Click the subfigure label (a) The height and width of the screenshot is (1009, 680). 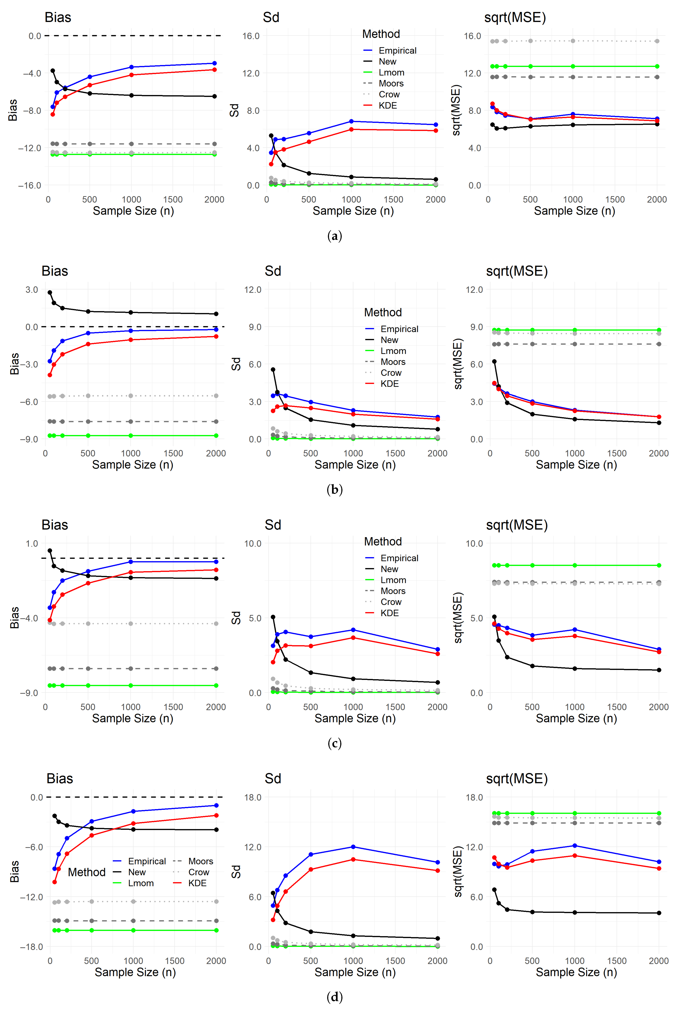coord(334,236)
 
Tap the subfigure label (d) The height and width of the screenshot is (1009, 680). coord(334,997)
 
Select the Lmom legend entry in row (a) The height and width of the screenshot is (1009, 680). coord(391,72)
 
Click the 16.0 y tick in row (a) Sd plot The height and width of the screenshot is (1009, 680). coord(251,36)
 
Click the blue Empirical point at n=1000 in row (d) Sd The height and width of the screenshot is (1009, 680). coord(353,847)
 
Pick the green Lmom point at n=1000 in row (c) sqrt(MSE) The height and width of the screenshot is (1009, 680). coord(575,565)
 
